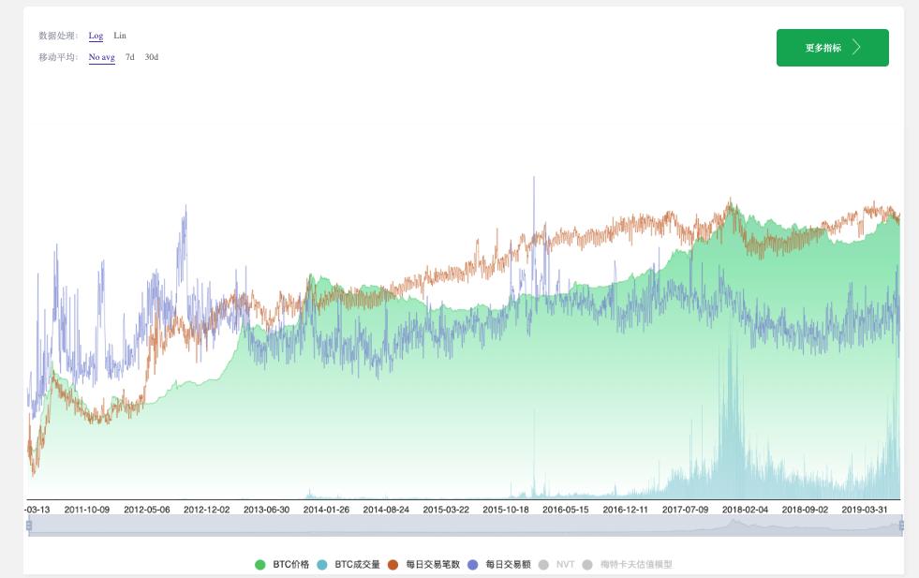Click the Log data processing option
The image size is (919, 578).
pyautogui.click(x=96, y=36)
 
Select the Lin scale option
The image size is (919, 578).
pyautogui.click(x=120, y=36)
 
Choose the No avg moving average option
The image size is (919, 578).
pyautogui.click(x=101, y=57)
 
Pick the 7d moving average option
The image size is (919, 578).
pyautogui.click(x=130, y=57)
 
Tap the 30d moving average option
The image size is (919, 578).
pyautogui.click(x=152, y=57)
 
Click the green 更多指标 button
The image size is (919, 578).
pyautogui.click(x=832, y=48)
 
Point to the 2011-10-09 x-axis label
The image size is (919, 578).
pyautogui.click(x=87, y=510)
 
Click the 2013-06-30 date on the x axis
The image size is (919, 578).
pyautogui.click(x=267, y=510)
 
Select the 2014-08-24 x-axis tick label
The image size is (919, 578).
pyautogui.click(x=386, y=510)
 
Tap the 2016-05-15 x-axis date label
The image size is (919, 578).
pyautogui.click(x=566, y=510)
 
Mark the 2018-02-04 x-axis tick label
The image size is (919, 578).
pyautogui.click(x=745, y=510)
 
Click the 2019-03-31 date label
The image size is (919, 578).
pyautogui.click(x=865, y=510)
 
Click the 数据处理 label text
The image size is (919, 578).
pyautogui.click(x=58, y=36)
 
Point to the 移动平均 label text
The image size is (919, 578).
pyautogui.click(x=58, y=57)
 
